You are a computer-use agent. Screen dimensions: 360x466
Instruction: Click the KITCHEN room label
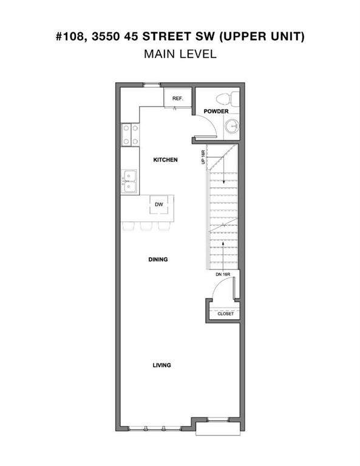[165, 160]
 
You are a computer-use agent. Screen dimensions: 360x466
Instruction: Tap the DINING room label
[158, 260]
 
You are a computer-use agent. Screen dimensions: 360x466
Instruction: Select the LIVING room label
[161, 365]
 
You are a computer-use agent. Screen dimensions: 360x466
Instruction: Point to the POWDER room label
[216, 111]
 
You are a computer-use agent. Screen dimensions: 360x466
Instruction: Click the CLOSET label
[226, 314]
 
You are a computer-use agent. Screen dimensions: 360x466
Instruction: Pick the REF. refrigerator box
[177, 97]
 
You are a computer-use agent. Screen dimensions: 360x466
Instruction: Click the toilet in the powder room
[228, 99]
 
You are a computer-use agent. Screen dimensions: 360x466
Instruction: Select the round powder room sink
[232, 127]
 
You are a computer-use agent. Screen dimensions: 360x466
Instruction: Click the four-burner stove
[130, 135]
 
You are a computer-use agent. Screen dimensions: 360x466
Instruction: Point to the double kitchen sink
[129, 181]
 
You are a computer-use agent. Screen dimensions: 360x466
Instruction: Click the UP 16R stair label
[203, 157]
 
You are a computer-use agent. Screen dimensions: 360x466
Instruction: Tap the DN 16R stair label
[223, 274]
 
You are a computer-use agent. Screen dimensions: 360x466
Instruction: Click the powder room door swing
[210, 122]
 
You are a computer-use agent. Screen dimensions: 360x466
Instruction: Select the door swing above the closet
[222, 284]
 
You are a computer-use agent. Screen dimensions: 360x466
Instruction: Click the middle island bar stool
[146, 226]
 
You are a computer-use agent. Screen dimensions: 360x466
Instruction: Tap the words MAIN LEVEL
[180, 54]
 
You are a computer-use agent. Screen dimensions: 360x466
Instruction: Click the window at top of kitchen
[152, 85]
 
